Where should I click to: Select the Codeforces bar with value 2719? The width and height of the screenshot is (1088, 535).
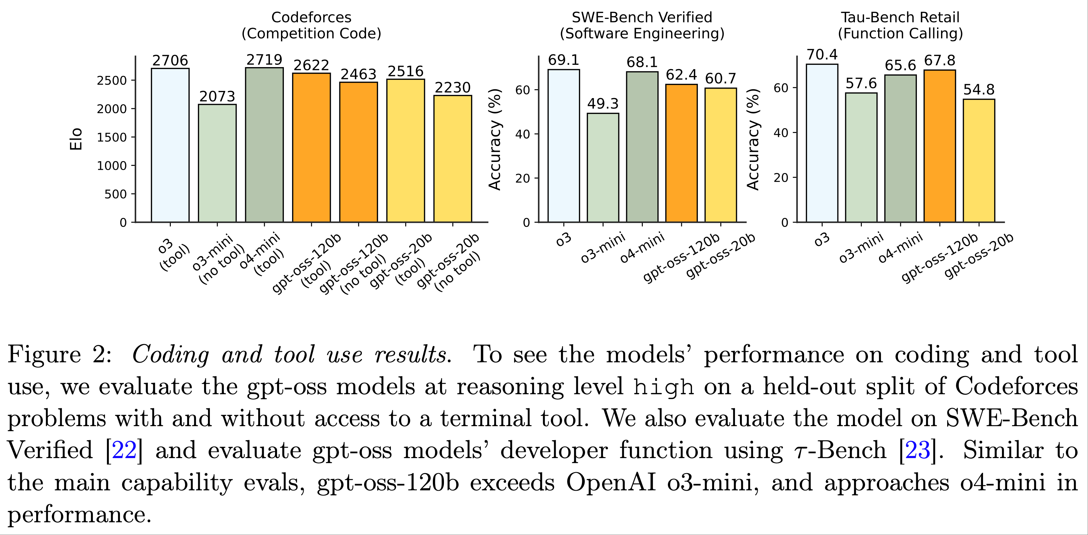(264, 145)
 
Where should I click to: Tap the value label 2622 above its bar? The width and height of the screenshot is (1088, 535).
(311, 65)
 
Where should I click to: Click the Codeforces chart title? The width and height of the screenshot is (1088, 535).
(311, 25)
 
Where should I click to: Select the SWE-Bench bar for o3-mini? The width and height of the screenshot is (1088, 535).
(603, 168)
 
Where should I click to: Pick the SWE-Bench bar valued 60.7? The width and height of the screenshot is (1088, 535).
(721, 155)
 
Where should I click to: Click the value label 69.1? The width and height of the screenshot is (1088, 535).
(564, 60)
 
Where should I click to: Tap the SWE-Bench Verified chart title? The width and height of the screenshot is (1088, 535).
(642, 25)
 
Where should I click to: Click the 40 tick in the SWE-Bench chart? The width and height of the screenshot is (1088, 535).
(522, 134)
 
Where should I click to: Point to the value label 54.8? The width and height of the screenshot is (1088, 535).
(979, 90)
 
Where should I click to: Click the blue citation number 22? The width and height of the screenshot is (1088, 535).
(124, 450)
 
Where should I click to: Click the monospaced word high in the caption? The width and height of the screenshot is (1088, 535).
(664, 387)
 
